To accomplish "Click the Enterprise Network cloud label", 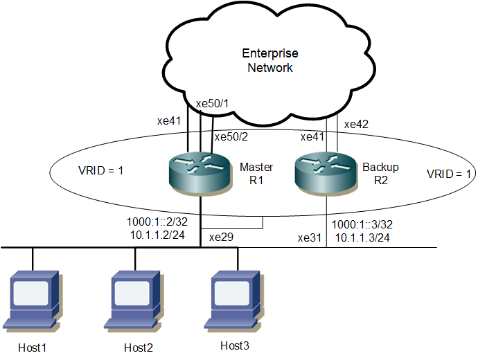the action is click(x=270, y=60).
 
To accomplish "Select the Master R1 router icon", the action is click(x=200, y=174).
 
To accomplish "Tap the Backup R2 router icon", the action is click(x=326, y=174).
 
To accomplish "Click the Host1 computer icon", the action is click(x=33, y=300).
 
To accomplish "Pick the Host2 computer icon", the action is click(x=134, y=300).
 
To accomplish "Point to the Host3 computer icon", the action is click(x=234, y=300).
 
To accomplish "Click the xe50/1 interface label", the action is click(x=212, y=104).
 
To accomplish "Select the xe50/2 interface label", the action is click(x=231, y=137).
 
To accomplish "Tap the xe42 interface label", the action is click(x=356, y=124).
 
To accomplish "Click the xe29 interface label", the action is click(x=221, y=237).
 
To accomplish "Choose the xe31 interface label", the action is click(x=310, y=238).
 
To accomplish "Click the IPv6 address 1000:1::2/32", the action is click(x=157, y=222).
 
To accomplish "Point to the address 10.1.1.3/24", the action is click(x=362, y=237).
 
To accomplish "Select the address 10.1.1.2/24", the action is click(x=157, y=235).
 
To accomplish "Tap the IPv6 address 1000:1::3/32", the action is click(x=362, y=224).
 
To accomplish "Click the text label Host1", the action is click(x=32, y=348).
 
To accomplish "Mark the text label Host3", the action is click(x=234, y=345).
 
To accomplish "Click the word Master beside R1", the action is click(x=256, y=167).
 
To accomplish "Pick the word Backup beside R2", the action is click(x=380, y=168).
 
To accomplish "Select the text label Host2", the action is click(x=139, y=348).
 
